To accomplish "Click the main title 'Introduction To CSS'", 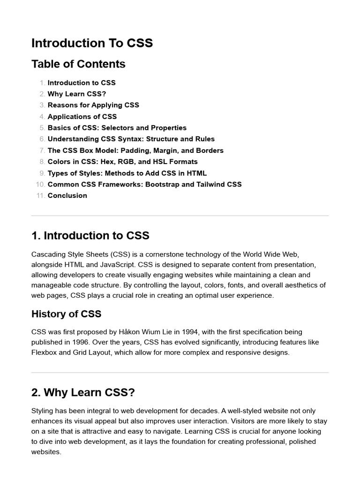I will click(92, 43).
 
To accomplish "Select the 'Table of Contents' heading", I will click(78, 64).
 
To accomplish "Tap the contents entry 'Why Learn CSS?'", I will click(77, 94).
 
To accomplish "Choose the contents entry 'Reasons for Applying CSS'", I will click(93, 105).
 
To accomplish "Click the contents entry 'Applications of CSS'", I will click(82, 116).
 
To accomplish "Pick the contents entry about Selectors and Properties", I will click(117, 127).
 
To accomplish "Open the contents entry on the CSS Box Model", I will click(135, 150).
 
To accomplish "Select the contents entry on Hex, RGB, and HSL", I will click(122, 162).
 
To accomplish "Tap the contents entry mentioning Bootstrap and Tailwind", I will click(144, 184).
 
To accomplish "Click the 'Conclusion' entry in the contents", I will click(67, 195).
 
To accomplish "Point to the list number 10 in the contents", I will click(40, 184).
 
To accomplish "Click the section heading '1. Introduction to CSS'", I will click(90, 235).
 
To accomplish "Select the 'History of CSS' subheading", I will click(66, 314).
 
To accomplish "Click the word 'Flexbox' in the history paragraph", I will click(44, 352).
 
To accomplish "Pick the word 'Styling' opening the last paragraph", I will click(43, 411).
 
